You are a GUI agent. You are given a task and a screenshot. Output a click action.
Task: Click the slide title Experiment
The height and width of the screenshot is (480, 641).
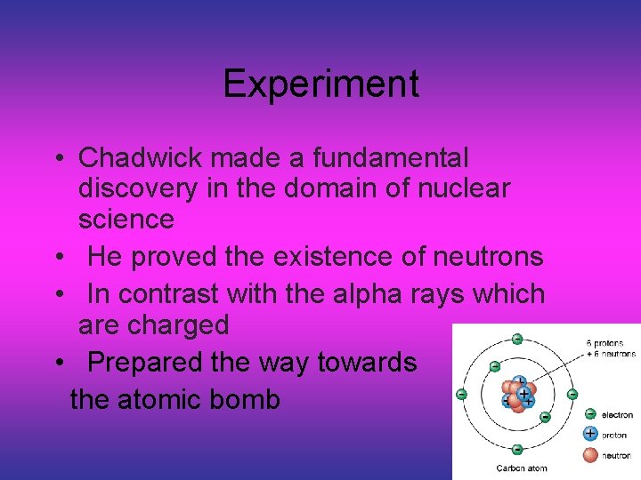[320, 84]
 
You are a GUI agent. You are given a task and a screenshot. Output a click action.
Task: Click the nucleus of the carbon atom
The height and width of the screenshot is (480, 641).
[517, 395]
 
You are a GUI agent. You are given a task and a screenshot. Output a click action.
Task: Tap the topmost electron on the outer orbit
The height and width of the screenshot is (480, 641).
[516, 339]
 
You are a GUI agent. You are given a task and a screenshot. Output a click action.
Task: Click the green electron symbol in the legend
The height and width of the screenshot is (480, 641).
[589, 414]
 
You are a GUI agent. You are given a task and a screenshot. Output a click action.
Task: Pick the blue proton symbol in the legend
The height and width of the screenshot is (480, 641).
[589, 434]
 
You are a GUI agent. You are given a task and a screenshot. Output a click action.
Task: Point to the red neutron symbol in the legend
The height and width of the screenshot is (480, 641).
[589, 455]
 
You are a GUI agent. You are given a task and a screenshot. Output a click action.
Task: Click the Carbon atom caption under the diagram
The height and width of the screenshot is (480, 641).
[521, 468]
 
